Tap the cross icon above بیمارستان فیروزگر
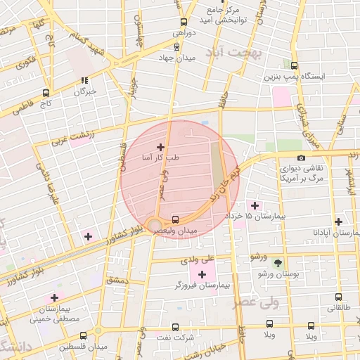(202, 274)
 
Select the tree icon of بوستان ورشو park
(278, 262)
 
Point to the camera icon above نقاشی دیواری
(301, 158)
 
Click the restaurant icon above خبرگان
(84, 81)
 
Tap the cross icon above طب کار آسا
(160, 147)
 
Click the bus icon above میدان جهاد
(176, 47)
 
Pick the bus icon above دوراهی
(184, 22)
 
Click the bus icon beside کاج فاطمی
(46, 92)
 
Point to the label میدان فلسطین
(82, 347)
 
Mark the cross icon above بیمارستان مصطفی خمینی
(54, 298)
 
